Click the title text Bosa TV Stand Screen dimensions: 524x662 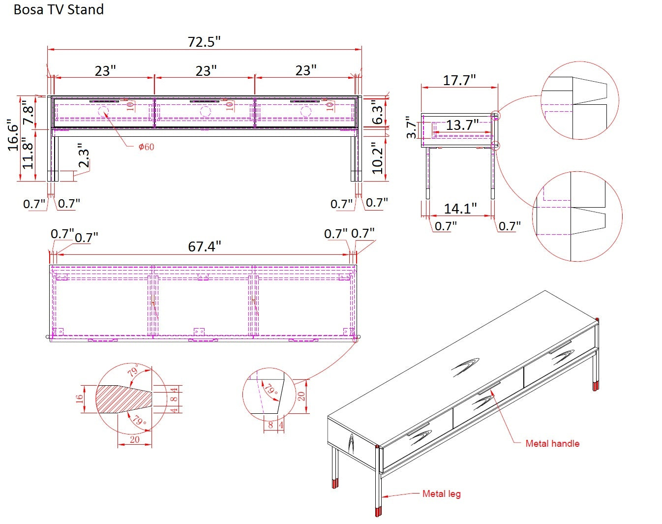pos(59,10)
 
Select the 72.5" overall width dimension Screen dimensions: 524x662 pos(204,42)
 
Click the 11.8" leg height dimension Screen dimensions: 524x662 pos(29,154)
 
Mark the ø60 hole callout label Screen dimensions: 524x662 pos(146,147)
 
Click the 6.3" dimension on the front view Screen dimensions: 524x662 pos(377,112)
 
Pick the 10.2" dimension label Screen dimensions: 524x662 pos(377,158)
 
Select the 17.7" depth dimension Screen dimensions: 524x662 pos(459,80)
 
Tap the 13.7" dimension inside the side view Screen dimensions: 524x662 pos(462,125)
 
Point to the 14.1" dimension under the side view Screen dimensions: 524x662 pos(460,209)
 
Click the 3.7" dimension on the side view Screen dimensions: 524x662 pos(412,128)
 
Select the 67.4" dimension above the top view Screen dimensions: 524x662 pos(205,246)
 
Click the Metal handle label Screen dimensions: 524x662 pos(552,443)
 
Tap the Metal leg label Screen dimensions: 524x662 pos(441,493)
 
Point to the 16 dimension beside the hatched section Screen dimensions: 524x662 pos(80,399)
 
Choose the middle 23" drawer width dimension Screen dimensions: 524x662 pos(206,71)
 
